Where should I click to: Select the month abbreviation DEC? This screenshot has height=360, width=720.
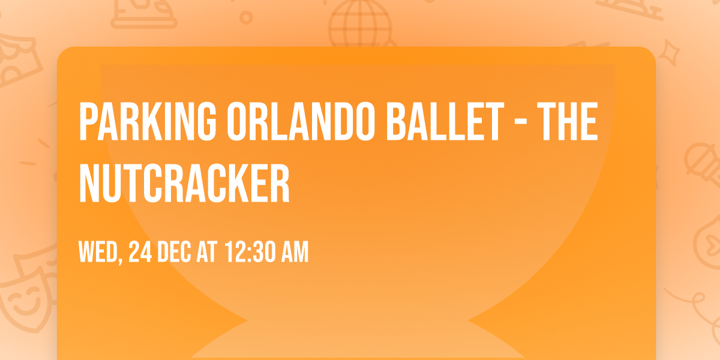point(174,253)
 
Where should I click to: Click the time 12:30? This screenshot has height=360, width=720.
point(252,253)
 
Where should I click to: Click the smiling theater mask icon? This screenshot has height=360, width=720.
point(24,300)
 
